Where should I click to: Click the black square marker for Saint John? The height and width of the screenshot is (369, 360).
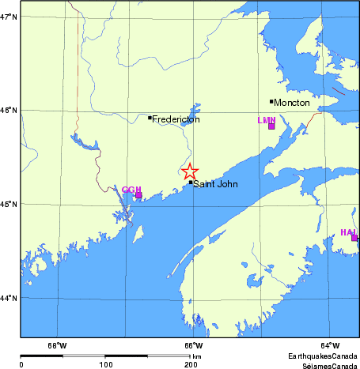tap(191, 183)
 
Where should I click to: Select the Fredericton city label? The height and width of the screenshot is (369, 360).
tap(176, 119)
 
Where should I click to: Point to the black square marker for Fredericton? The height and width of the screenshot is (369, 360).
tap(150, 118)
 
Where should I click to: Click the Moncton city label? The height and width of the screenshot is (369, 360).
tap(292, 103)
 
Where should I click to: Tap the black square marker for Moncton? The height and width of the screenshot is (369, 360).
tap(271, 101)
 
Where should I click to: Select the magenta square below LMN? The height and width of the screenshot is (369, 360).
tap(271, 126)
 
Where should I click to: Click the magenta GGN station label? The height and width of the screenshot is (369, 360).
tap(131, 190)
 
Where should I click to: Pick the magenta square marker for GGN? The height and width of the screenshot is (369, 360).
tap(138, 195)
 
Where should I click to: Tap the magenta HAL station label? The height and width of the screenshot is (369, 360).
tap(348, 232)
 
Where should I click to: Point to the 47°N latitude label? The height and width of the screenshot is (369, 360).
tap(9, 16)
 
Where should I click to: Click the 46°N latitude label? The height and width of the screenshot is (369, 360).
tap(9, 110)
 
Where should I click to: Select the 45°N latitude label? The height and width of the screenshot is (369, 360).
tap(9, 204)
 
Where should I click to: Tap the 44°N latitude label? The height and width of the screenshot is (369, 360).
tap(9, 298)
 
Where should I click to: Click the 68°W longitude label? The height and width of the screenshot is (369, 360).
tap(57, 345)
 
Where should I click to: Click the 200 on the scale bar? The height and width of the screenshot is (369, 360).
tap(191, 365)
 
